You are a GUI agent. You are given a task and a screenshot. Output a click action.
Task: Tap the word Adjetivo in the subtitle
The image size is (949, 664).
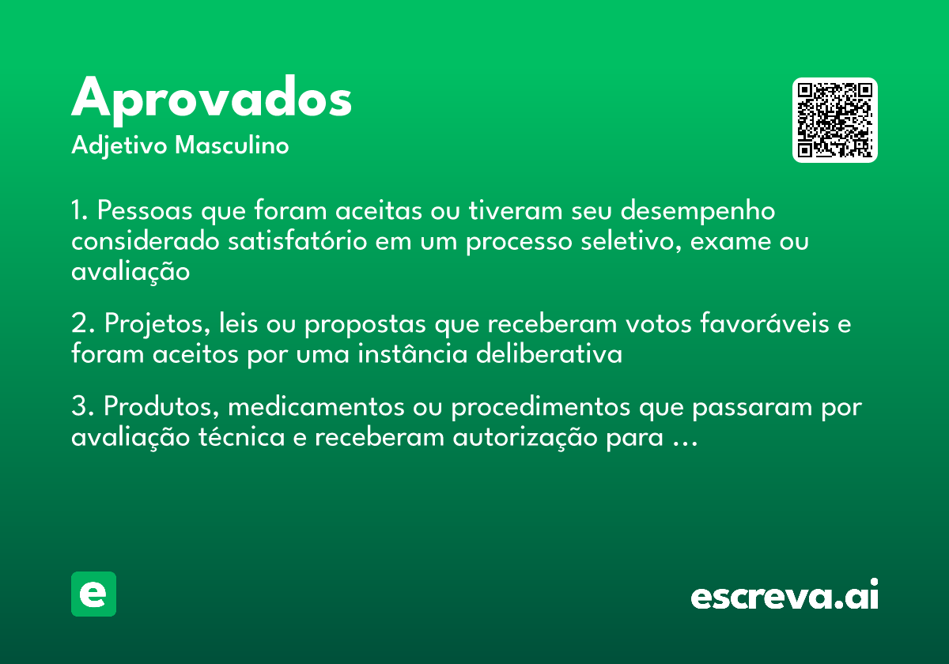119,146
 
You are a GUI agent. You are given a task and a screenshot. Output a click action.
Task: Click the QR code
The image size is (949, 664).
835,120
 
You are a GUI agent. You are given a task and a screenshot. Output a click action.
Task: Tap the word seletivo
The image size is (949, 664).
624,241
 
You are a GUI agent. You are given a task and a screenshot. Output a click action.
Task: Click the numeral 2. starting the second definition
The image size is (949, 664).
82,325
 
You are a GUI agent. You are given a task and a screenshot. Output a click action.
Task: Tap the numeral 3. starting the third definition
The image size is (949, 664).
82,408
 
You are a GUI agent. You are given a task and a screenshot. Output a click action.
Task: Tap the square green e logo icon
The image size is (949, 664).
93,594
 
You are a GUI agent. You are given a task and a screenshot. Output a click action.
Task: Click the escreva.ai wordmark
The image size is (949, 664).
785,596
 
